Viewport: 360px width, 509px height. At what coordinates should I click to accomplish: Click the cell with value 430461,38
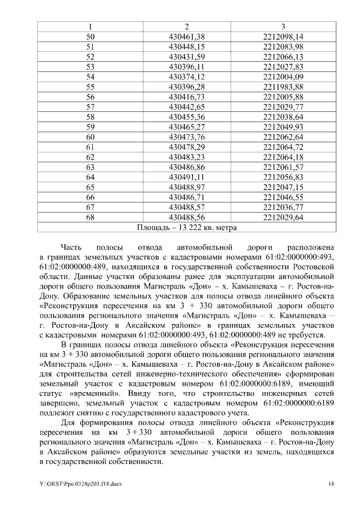[186, 37]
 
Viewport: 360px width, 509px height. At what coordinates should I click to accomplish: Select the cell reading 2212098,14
[283, 37]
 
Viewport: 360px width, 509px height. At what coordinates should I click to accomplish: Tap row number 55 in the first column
[90, 87]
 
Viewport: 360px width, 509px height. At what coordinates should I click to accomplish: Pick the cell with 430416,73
[186, 97]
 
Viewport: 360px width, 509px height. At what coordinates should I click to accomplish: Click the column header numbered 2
[186, 26]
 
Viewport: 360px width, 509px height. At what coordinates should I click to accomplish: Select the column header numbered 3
[283, 26]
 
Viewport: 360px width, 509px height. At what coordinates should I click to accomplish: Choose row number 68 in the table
[90, 217]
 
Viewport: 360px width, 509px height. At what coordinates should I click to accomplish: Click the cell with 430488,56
[186, 217]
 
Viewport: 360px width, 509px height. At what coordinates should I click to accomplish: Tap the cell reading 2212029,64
[283, 217]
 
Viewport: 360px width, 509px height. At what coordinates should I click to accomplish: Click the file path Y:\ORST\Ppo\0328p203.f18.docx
[80, 484]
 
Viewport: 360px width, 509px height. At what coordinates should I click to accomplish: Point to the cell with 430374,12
[186, 76]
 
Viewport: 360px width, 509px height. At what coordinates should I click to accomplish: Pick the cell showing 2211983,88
[283, 87]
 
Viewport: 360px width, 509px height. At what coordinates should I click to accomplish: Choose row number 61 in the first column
[90, 147]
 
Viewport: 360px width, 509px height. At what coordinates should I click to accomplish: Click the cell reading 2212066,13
[283, 57]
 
